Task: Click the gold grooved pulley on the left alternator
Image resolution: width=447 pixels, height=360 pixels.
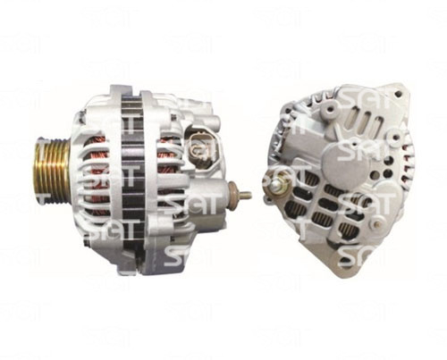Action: pyautogui.click(x=50, y=168)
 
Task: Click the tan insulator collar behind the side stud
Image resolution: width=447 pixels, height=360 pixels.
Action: pyautogui.click(x=232, y=194)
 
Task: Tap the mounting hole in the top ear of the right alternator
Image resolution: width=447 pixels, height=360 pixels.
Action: pyautogui.click(x=397, y=94)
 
